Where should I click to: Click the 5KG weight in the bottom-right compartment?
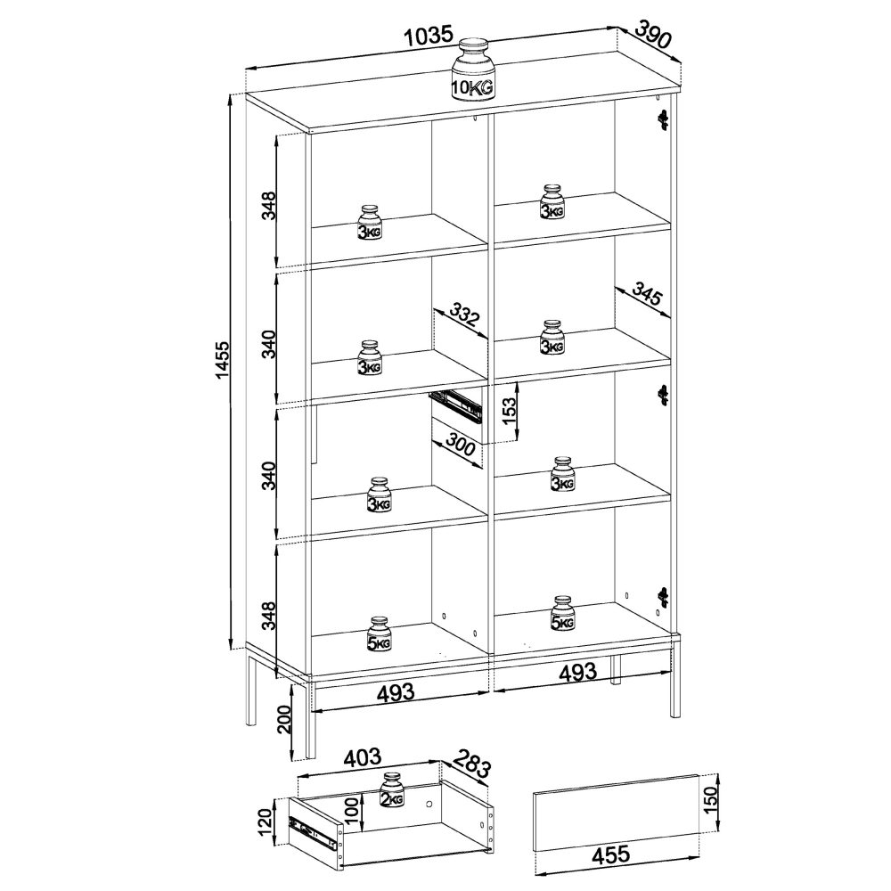coord(561,615)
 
